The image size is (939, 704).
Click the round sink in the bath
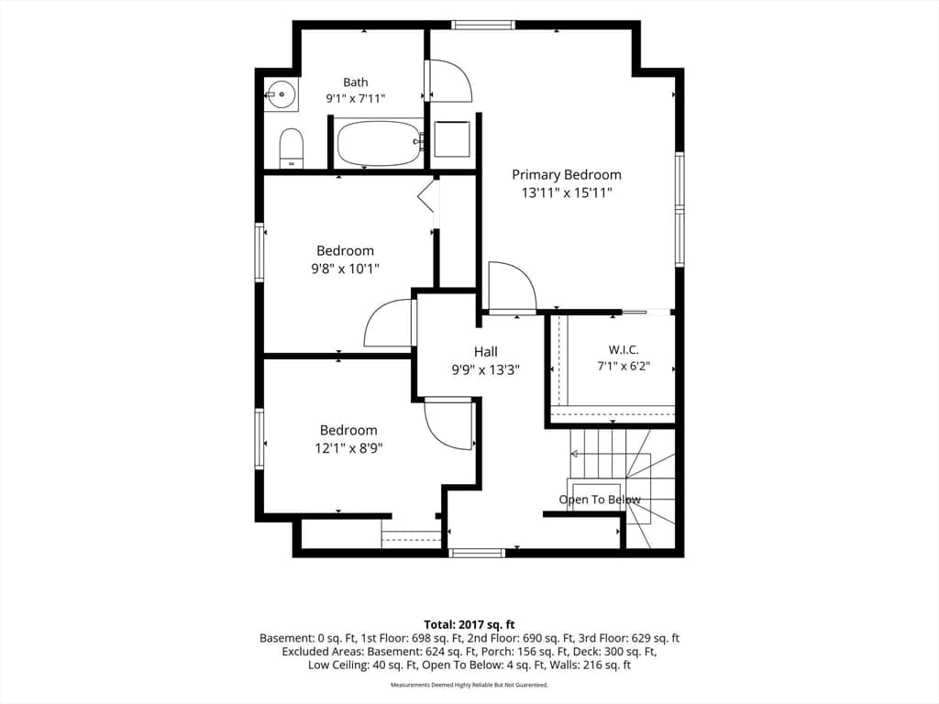point(281,94)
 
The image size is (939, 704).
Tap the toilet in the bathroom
point(292,148)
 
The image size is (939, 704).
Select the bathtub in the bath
point(379,143)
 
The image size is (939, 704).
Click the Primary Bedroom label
point(567,175)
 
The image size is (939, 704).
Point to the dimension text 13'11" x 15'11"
point(567,192)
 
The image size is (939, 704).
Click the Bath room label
point(356,82)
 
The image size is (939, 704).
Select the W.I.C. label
point(624,349)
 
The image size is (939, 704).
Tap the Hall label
point(486,352)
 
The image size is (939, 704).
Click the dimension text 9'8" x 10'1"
point(345,269)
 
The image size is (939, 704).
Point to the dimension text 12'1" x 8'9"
point(348,447)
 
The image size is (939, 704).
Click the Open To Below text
point(600,500)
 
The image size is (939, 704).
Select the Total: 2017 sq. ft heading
point(469,625)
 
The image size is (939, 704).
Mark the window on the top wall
point(482,25)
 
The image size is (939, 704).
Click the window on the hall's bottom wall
point(477,553)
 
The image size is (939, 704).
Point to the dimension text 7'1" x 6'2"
point(624,366)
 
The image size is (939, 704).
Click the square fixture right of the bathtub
point(452,139)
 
